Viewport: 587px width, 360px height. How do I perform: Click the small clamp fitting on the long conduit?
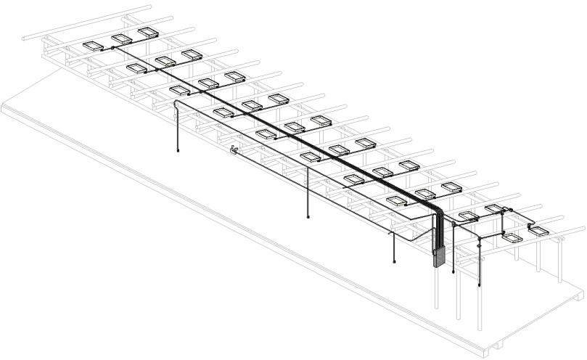coord(233,150)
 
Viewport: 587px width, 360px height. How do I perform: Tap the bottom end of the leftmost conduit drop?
coord(178,152)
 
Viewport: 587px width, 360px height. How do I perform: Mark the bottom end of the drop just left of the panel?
coord(394,262)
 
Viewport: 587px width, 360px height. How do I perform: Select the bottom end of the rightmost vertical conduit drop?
coord(480,285)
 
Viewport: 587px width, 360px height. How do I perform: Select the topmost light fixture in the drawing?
coord(148,32)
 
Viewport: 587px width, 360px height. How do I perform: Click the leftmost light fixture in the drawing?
coord(93,46)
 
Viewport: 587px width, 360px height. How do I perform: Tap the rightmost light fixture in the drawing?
coord(539,231)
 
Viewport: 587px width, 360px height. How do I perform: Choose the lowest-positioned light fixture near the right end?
coord(512,237)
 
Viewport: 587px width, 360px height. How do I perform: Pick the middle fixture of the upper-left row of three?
coord(120,39)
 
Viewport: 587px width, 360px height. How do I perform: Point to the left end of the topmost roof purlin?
coord(23,36)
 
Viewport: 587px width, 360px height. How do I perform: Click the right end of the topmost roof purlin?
coord(151,7)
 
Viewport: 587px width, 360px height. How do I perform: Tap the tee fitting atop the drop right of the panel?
coord(453,226)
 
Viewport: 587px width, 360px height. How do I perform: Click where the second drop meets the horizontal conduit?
coord(308,168)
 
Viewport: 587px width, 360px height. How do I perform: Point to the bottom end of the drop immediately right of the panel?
coord(453,272)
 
